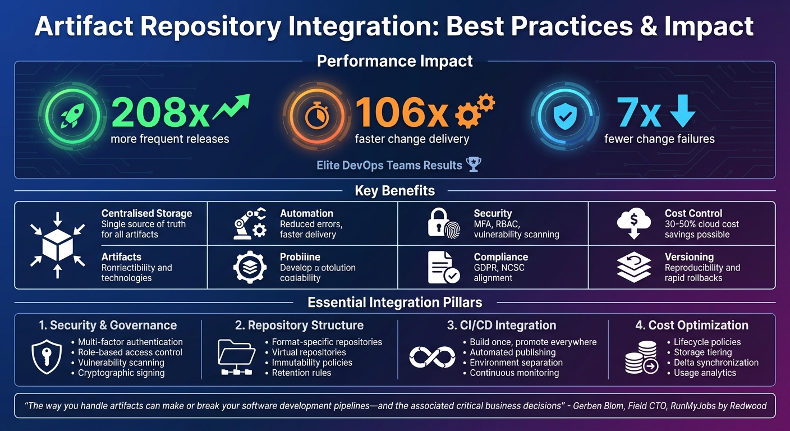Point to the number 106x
pyautogui.click(x=402, y=112)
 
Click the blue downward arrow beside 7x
pyautogui.click(x=682, y=111)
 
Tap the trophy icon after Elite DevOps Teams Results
pyautogui.click(x=474, y=165)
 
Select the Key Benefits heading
pyautogui.click(x=394, y=191)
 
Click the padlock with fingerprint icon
pyautogui.click(x=443, y=223)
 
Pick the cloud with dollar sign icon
pyautogui.click(x=633, y=223)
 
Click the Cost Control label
pyautogui.click(x=693, y=213)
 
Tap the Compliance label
pyautogui.click(x=500, y=257)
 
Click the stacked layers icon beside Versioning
pyautogui.click(x=633, y=267)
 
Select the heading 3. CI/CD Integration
pyautogui.click(x=502, y=325)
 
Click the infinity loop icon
pyautogui.click(x=432, y=357)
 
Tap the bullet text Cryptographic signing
pyautogui.click(x=121, y=373)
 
